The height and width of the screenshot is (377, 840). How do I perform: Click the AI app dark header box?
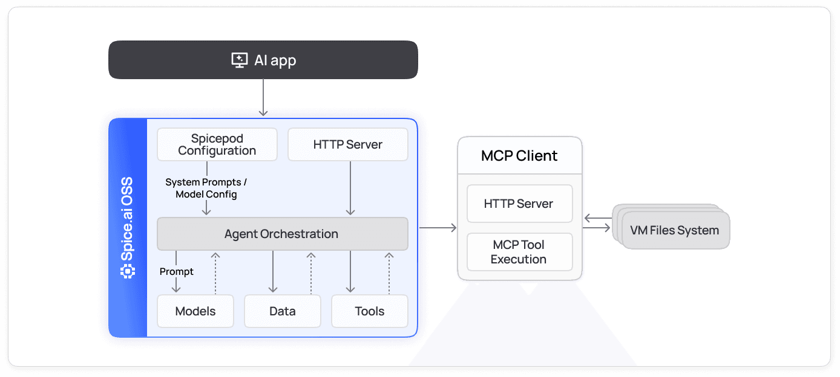[x=263, y=60]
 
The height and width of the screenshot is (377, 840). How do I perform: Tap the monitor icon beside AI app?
[x=240, y=60]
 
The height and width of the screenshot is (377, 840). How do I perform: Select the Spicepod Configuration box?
[x=217, y=144]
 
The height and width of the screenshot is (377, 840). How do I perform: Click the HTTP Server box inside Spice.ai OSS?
[x=347, y=144]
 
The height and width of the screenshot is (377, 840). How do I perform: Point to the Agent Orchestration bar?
[x=282, y=234]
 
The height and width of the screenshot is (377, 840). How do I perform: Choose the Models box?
[x=195, y=311]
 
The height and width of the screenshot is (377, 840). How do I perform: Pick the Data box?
[x=282, y=311]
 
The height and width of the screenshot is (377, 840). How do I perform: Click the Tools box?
[x=369, y=311]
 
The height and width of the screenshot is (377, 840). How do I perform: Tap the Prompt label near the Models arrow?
[x=176, y=272]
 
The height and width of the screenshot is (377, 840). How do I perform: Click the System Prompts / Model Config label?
[x=206, y=188]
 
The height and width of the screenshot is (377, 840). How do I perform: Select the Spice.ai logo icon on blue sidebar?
[x=127, y=272]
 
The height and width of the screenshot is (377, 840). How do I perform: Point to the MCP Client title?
[x=519, y=156]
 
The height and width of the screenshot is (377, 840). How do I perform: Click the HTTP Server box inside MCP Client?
[x=519, y=204]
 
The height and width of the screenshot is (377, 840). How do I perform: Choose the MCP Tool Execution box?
[x=519, y=252]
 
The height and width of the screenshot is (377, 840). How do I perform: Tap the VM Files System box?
[x=675, y=230]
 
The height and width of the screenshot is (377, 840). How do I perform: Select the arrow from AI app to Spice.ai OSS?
[x=263, y=97]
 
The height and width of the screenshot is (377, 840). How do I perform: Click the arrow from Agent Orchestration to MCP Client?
[x=438, y=228]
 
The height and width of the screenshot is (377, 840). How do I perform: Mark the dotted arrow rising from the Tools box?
[x=389, y=272]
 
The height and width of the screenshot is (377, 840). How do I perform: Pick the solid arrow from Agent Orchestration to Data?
[x=273, y=272]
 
